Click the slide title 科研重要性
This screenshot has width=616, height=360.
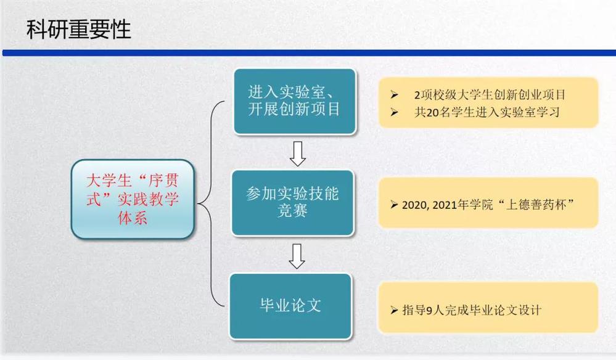point(78,30)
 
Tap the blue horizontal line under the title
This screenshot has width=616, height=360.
point(309,52)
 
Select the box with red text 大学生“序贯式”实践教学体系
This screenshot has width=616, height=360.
point(133,199)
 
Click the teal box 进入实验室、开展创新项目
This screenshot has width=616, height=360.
point(295,102)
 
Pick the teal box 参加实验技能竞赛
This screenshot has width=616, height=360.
point(293,203)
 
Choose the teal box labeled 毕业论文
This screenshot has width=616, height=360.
point(290,306)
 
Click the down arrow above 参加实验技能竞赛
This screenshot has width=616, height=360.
point(298,153)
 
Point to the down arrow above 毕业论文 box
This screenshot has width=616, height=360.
point(297,256)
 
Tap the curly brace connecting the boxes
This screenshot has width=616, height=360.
point(211,203)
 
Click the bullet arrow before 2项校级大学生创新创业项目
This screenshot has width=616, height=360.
point(395,94)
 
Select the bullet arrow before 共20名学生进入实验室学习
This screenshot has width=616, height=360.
point(395,113)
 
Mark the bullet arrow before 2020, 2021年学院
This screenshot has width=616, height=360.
point(394,205)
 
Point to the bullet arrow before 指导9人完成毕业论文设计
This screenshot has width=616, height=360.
point(394,310)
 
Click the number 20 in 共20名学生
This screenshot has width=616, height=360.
point(432,113)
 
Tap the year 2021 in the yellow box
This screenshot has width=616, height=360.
point(445,205)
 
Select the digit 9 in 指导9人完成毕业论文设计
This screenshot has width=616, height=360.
point(429,311)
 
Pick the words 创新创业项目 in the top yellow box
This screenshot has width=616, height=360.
point(530,94)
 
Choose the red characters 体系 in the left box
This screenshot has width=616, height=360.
point(133,218)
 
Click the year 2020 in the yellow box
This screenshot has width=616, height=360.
point(414,205)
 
